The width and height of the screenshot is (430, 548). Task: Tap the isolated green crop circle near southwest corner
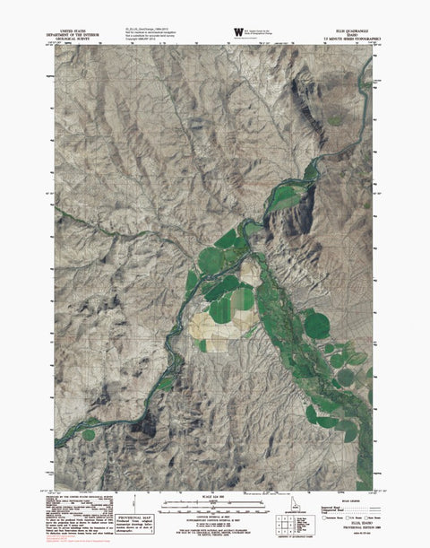(90, 434)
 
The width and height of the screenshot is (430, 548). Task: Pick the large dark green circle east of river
(316, 326)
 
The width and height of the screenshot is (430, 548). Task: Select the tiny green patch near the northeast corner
(335, 121)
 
